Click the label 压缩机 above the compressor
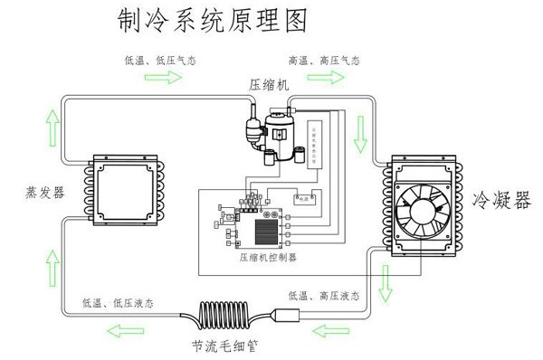click(269, 84)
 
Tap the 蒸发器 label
click(45, 193)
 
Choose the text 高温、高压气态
click(323, 61)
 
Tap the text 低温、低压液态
click(117, 302)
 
